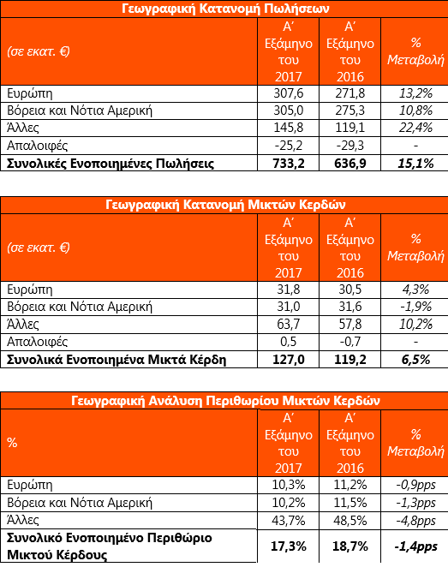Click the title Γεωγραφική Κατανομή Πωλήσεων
(225, 9)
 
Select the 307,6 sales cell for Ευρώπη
(289, 93)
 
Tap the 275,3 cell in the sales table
(350, 110)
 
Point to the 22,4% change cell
(415, 128)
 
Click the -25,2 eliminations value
(289, 146)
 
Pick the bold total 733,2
(289, 164)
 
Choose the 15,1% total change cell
(415, 164)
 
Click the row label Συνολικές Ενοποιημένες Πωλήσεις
(111, 164)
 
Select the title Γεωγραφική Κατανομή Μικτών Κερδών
(225, 205)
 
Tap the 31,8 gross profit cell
(289, 289)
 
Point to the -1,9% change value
(415, 307)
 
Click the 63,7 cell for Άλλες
(289, 324)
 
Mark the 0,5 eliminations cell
(289, 342)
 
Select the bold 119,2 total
(350, 360)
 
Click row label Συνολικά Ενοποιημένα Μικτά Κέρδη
(116, 360)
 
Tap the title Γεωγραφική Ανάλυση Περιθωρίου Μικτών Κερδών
(225, 401)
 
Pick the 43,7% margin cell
(289, 521)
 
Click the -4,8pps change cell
(415, 521)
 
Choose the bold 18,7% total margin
(350, 546)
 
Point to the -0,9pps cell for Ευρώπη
(415, 486)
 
